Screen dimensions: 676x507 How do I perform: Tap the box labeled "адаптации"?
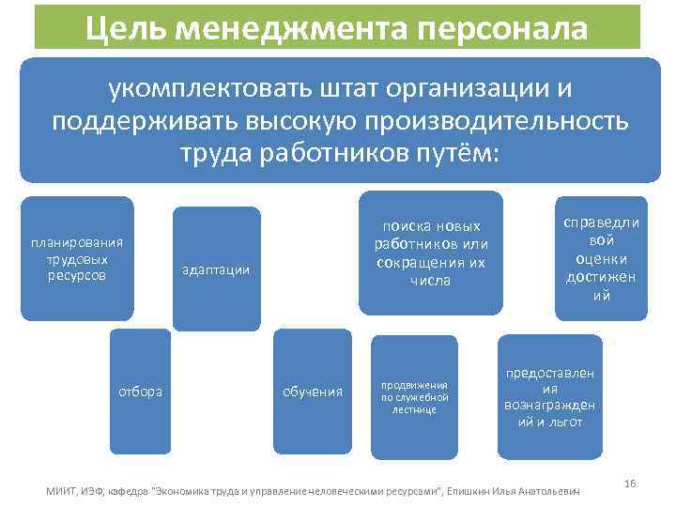(x=216, y=269)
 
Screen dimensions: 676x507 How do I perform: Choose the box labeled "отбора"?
(x=140, y=391)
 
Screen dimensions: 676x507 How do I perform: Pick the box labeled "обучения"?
(x=313, y=391)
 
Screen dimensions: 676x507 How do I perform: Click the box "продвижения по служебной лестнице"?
(x=414, y=397)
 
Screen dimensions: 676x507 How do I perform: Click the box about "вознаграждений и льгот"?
(x=550, y=397)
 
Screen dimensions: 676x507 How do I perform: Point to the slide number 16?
(x=630, y=484)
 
